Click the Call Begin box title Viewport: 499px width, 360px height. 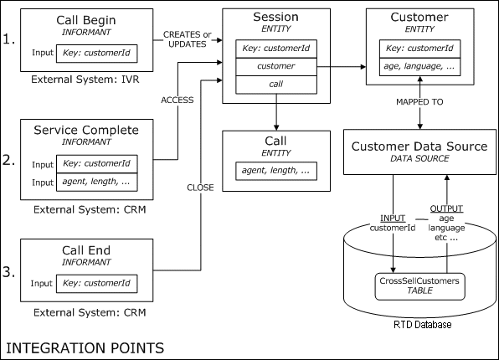(x=87, y=19)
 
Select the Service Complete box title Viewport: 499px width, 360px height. (x=87, y=130)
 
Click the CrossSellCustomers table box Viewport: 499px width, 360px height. (x=419, y=287)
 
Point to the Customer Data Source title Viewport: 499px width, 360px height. (x=419, y=147)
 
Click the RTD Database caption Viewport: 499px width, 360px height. (x=419, y=324)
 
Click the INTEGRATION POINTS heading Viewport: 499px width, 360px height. (x=85, y=345)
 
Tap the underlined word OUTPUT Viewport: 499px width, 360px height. (x=446, y=208)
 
